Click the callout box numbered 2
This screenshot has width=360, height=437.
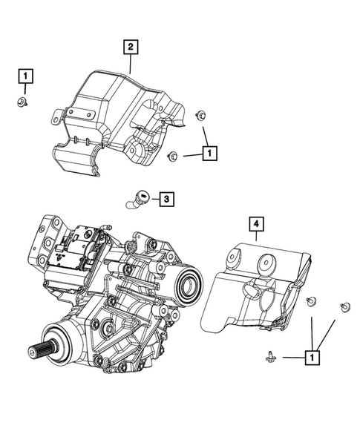130,48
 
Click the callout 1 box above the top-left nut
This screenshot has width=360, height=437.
25,75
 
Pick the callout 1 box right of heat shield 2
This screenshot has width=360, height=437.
211,153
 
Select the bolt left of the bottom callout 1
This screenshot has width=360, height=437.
269,358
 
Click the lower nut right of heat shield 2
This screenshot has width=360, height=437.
172,155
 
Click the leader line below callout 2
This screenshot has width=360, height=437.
131,64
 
